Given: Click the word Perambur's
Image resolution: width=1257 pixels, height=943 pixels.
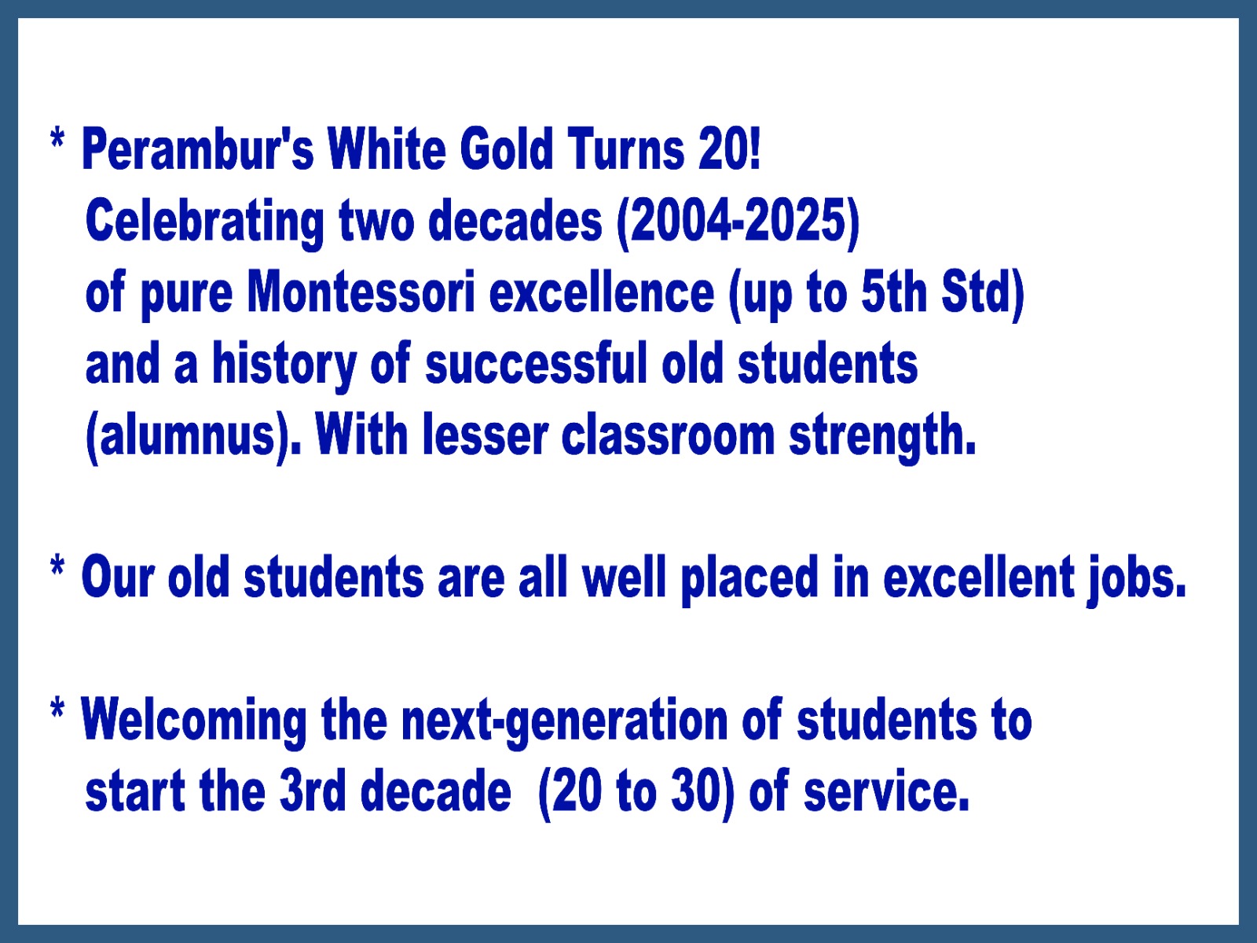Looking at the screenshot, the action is click(198, 149).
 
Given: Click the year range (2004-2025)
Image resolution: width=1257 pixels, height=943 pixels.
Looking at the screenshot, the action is click(738, 223).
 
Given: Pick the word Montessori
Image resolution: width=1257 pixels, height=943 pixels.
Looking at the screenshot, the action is click(361, 292).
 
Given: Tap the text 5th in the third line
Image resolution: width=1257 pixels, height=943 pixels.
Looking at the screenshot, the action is click(893, 292).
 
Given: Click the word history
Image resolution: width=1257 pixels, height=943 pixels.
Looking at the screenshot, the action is click(284, 366).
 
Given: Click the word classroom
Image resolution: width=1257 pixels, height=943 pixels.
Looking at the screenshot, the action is click(668, 435).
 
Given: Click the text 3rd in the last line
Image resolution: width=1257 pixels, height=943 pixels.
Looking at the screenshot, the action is click(313, 791).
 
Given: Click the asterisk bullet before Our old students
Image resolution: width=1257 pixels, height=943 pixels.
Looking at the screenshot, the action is click(57, 567).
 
